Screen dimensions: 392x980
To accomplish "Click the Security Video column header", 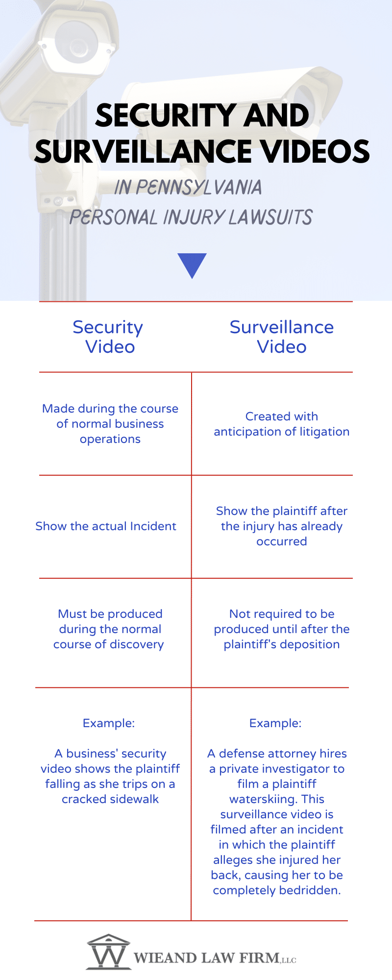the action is pyautogui.click(x=108, y=337).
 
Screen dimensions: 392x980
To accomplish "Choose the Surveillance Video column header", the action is pyautogui.click(x=282, y=337).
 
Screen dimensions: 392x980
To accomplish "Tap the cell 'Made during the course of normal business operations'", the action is pyautogui.click(x=110, y=424).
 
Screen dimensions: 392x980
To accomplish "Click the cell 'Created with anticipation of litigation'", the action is pyautogui.click(x=282, y=424).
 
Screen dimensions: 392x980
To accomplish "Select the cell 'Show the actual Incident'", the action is pyautogui.click(x=106, y=526).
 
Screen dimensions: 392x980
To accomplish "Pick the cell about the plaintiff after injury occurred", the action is pyautogui.click(x=282, y=526).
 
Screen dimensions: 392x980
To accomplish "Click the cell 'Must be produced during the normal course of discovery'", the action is pyautogui.click(x=109, y=629).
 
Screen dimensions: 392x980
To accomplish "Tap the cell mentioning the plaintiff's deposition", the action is pyautogui.click(x=282, y=629).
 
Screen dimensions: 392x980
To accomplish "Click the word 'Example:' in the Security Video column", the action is pyautogui.click(x=109, y=723).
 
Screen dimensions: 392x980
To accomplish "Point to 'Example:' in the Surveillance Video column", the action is pyautogui.click(x=275, y=723).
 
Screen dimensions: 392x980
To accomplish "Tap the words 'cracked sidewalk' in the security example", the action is pyautogui.click(x=110, y=799).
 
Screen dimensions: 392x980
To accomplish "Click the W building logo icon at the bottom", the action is pyautogui.click(x=109, y=952).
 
